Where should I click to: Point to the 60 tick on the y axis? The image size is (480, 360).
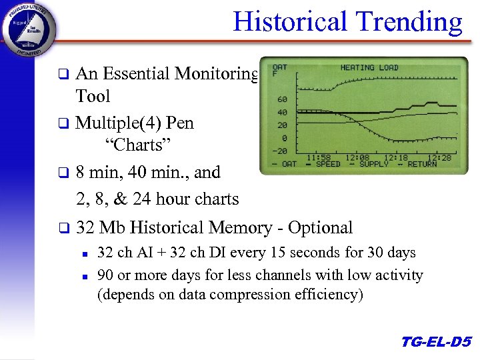282,100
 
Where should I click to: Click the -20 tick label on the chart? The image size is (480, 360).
280,151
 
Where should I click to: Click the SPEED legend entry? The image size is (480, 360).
327,164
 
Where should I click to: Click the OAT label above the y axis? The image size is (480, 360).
280,67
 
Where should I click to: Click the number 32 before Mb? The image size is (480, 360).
85,228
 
